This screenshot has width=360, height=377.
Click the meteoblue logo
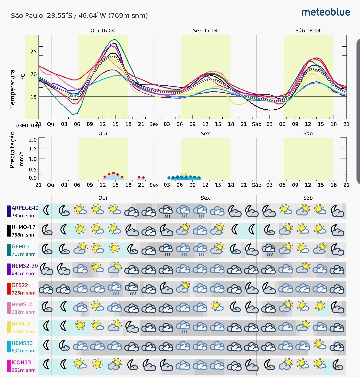[326, 12]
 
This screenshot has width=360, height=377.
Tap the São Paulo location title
[79, 15]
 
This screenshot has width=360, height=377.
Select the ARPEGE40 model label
[25, 208]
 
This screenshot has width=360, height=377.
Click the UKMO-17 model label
[23, 227]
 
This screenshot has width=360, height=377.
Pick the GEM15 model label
[21, 247]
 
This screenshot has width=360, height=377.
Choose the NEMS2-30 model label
[25, 266]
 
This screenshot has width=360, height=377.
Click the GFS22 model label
[20, 285]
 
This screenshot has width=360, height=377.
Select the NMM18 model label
[21, 324]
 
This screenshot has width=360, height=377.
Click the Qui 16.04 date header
[103, 30]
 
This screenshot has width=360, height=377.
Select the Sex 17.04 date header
[205, 30]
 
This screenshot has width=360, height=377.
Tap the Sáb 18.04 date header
[308, 30]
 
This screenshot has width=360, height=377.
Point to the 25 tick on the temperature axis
[33, 52]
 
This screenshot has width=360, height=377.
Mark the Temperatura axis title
[13, 89]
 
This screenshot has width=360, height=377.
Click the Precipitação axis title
[13, 150]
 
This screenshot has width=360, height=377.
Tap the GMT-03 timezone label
[27, 126]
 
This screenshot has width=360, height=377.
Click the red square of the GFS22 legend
[9, 288]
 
